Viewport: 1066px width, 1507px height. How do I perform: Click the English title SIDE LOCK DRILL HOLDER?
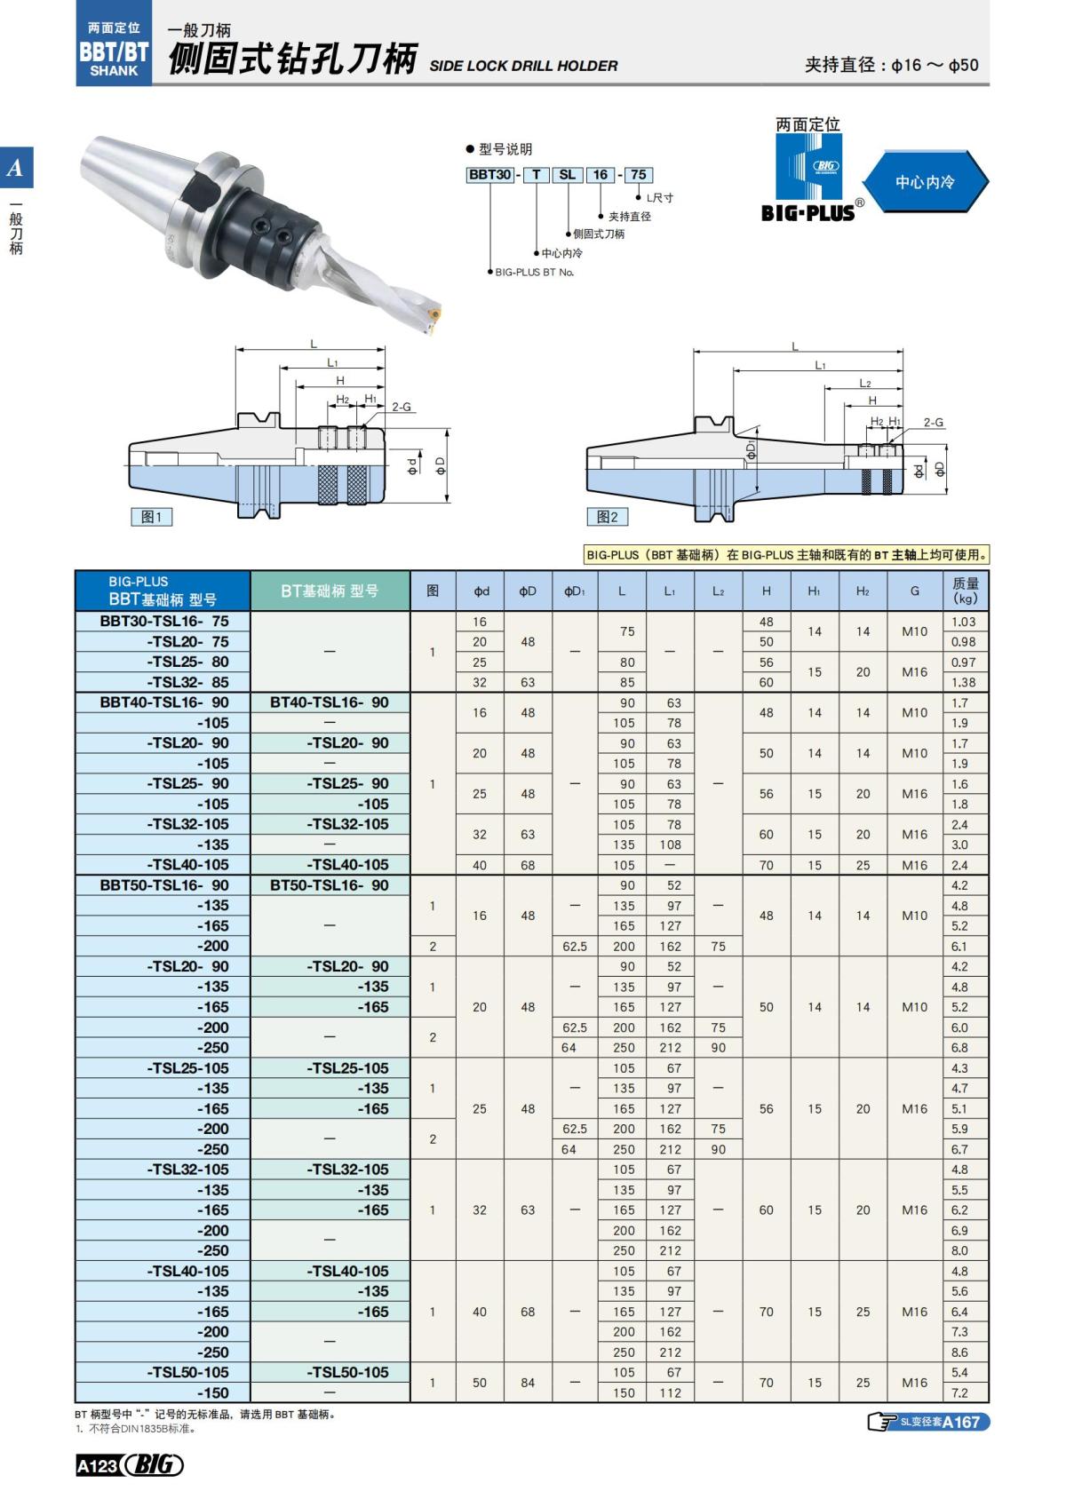[523, 66]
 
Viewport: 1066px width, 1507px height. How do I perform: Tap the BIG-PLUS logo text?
[807, 212]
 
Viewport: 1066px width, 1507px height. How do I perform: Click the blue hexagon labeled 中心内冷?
[925, 181]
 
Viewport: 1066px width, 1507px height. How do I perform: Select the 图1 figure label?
[151, 517]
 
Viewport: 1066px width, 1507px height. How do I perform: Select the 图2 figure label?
[608, 517]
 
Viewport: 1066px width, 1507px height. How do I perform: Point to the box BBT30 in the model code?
[489, 175]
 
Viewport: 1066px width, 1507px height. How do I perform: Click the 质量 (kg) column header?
[965, 591]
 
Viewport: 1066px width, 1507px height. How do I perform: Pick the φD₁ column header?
[575, 591]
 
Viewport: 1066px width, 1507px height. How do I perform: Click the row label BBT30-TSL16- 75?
[164, 622]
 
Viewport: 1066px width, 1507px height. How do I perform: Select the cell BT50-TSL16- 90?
[330, 885]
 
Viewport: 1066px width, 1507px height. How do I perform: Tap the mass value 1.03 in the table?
[963, 622]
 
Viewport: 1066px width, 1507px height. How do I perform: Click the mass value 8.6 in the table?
[959, 1352]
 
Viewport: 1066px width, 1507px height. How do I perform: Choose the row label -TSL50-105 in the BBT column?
[187, 1372]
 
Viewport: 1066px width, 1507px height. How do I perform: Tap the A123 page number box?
[97, 1466]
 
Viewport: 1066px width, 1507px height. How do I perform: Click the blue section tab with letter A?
[16, 168]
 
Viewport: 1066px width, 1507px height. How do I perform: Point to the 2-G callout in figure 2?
[933, 423]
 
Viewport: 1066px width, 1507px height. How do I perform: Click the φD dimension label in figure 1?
[441, 465]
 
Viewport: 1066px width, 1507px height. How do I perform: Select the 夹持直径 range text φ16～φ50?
[935, 65]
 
